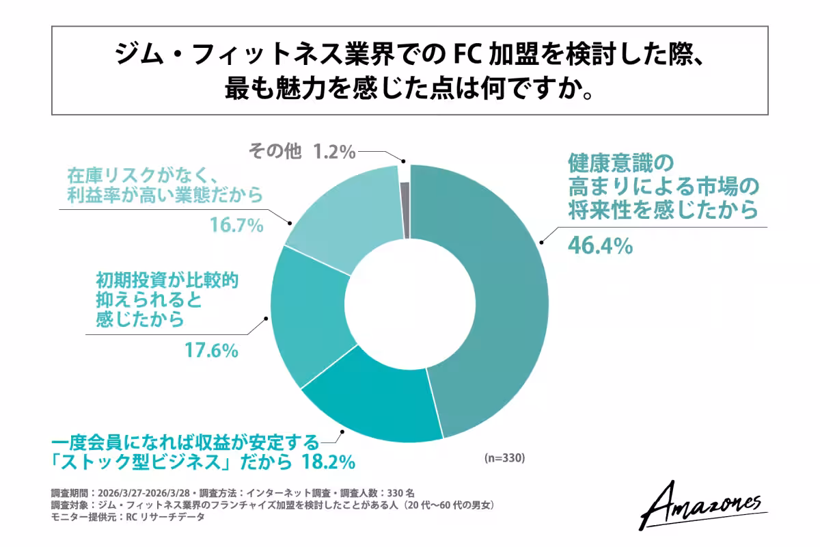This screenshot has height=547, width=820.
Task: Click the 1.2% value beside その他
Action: click(334, 151)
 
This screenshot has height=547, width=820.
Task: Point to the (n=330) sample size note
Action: click(504, 457)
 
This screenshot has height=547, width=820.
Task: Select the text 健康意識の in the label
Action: click(621, 163)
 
